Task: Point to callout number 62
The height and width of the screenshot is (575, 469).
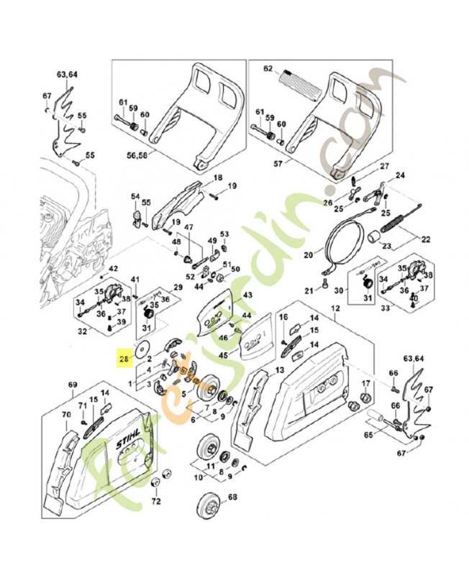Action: [x=268, y=70]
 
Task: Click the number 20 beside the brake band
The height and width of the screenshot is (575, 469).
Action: [x=308, y=254]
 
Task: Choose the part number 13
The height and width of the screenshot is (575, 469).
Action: [x=279, y=370]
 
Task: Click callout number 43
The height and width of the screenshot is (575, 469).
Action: [x=247, y=295]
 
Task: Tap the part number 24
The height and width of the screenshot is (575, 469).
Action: [x=400, y=175]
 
